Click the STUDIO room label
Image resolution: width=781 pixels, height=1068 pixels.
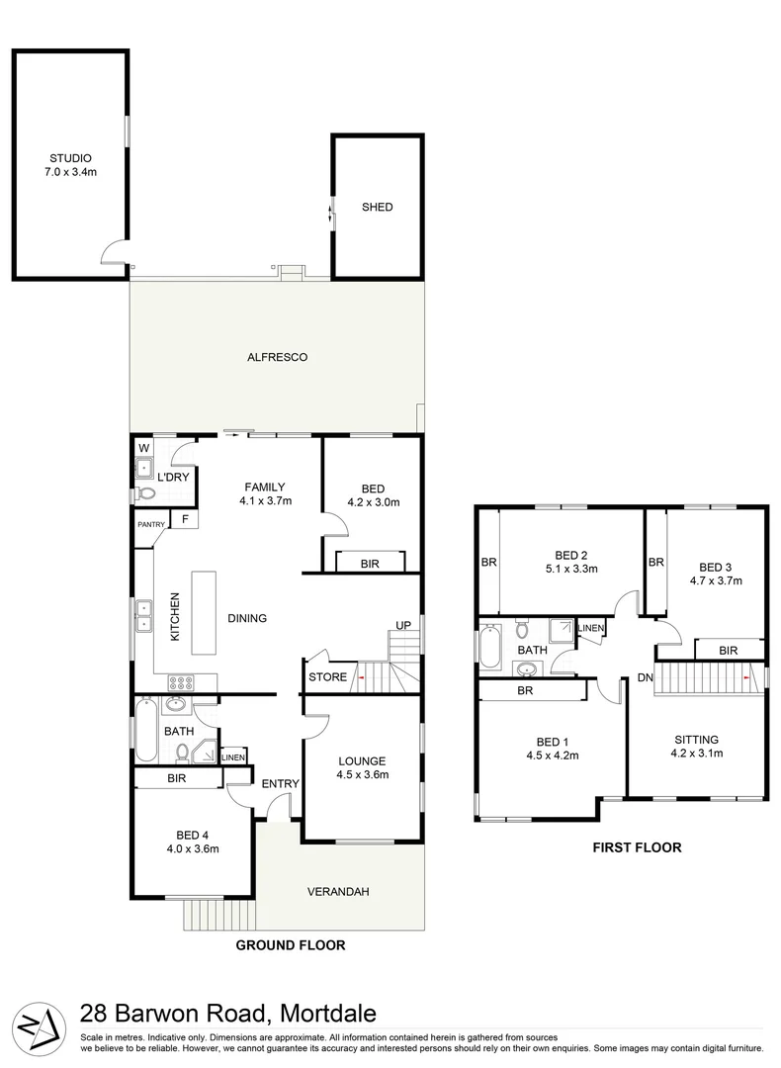(x=70, y=158)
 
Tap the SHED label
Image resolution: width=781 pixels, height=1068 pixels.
(x=377, y=208)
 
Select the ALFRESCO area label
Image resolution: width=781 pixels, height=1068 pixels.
(x=277, y=357)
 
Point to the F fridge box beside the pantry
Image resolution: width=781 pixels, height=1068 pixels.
(x=184, y=519)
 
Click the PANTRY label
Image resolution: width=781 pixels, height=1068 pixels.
(x=151, y=524)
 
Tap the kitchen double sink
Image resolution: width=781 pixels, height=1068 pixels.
(x=144, y=616)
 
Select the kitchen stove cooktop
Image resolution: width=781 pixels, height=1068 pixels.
(x=180, y=681)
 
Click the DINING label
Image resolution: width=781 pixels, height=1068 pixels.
(x=246, y=619)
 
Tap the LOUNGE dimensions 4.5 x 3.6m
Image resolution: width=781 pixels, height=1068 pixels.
(x=361, y=775)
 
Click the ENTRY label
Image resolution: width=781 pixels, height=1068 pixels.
(x=280, y=784)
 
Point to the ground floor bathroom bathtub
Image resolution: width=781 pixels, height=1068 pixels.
(x=145, y=731)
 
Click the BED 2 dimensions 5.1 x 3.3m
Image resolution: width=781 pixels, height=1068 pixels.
(x=570, y=569)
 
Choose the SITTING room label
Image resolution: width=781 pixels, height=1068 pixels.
(x=696, y=739)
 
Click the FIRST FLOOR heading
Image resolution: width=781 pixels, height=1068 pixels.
(x=637, y=847)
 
